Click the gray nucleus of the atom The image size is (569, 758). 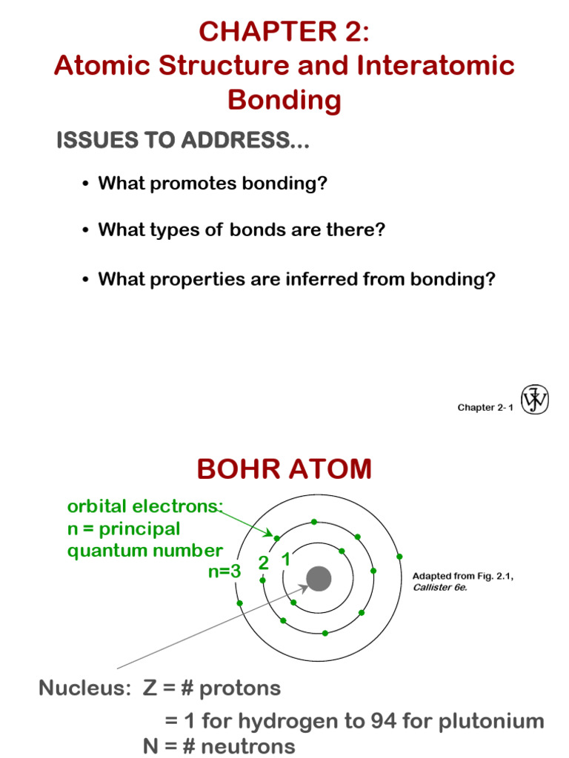pos(319,579)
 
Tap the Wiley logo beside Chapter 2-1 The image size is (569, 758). pos(534,400)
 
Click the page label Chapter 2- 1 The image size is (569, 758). pos(485,408)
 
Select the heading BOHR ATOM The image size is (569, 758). pos(284,469)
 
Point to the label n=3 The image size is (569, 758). pos(224,571)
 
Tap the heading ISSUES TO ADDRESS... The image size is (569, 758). pos(182,141)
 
